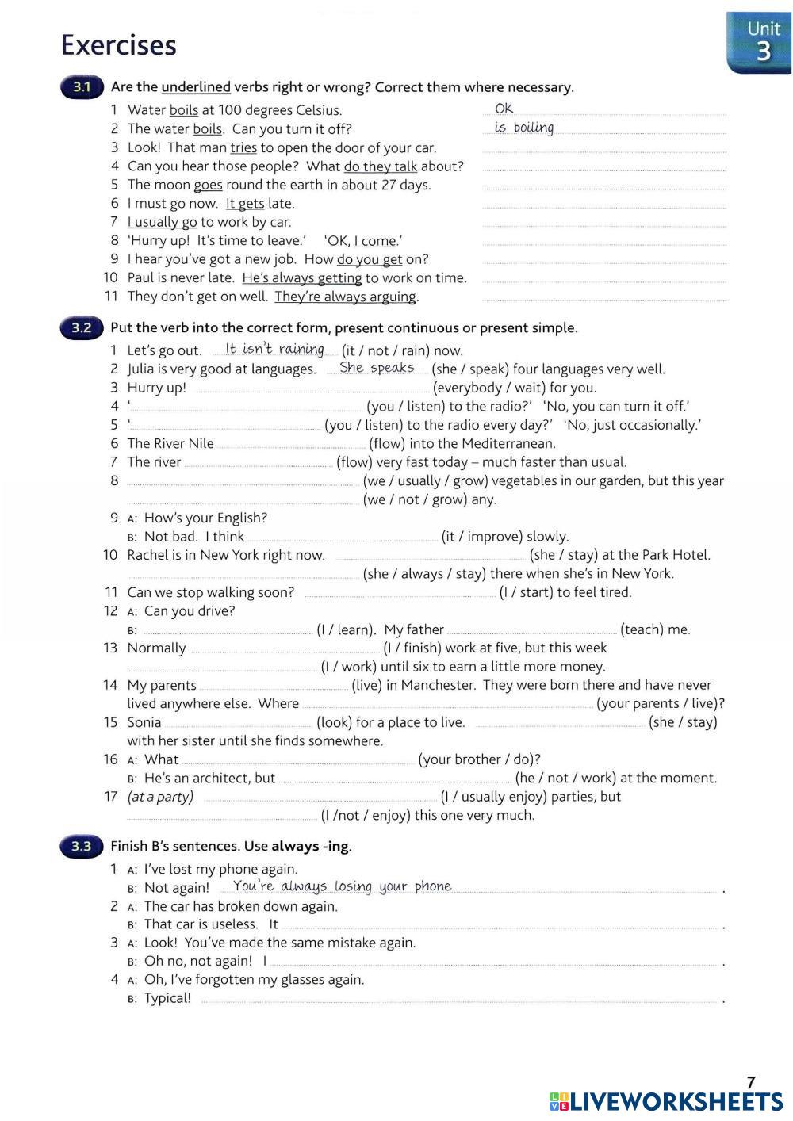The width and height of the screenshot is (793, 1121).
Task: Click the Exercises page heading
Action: [x=119, y=45]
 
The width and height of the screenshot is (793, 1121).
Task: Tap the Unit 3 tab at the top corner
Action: [x=762, y=42]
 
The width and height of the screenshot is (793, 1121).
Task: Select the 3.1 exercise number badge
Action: [x=82, y=87]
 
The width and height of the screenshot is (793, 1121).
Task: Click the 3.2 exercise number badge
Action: [x=82, y=327]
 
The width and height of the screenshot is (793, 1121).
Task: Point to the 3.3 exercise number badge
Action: [x=82, y=846]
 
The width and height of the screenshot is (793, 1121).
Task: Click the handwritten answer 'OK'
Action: [x=504, y=109]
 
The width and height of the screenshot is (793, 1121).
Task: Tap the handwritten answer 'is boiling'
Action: [x=524, y=128]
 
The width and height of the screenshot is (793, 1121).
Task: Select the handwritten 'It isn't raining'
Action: [x=274, y=349]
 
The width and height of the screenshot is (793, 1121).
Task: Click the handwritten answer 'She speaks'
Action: [x=377, y=368]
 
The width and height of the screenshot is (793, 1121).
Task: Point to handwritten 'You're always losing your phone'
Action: [x=342, y=886]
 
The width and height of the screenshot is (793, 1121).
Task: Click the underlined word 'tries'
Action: [x=243, y=147]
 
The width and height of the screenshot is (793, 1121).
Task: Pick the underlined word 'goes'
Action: [x=208, y=185]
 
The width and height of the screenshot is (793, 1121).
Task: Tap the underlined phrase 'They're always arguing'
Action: [x=346, y=297]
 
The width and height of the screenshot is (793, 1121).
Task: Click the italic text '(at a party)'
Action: [x=160, y=797]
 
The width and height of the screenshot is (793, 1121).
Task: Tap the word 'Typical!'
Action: [x=167, y=998]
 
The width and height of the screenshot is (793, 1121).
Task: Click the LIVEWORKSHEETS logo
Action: [x=666, y=1101]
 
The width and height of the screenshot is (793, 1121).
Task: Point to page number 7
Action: [x=751, y=1082]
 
